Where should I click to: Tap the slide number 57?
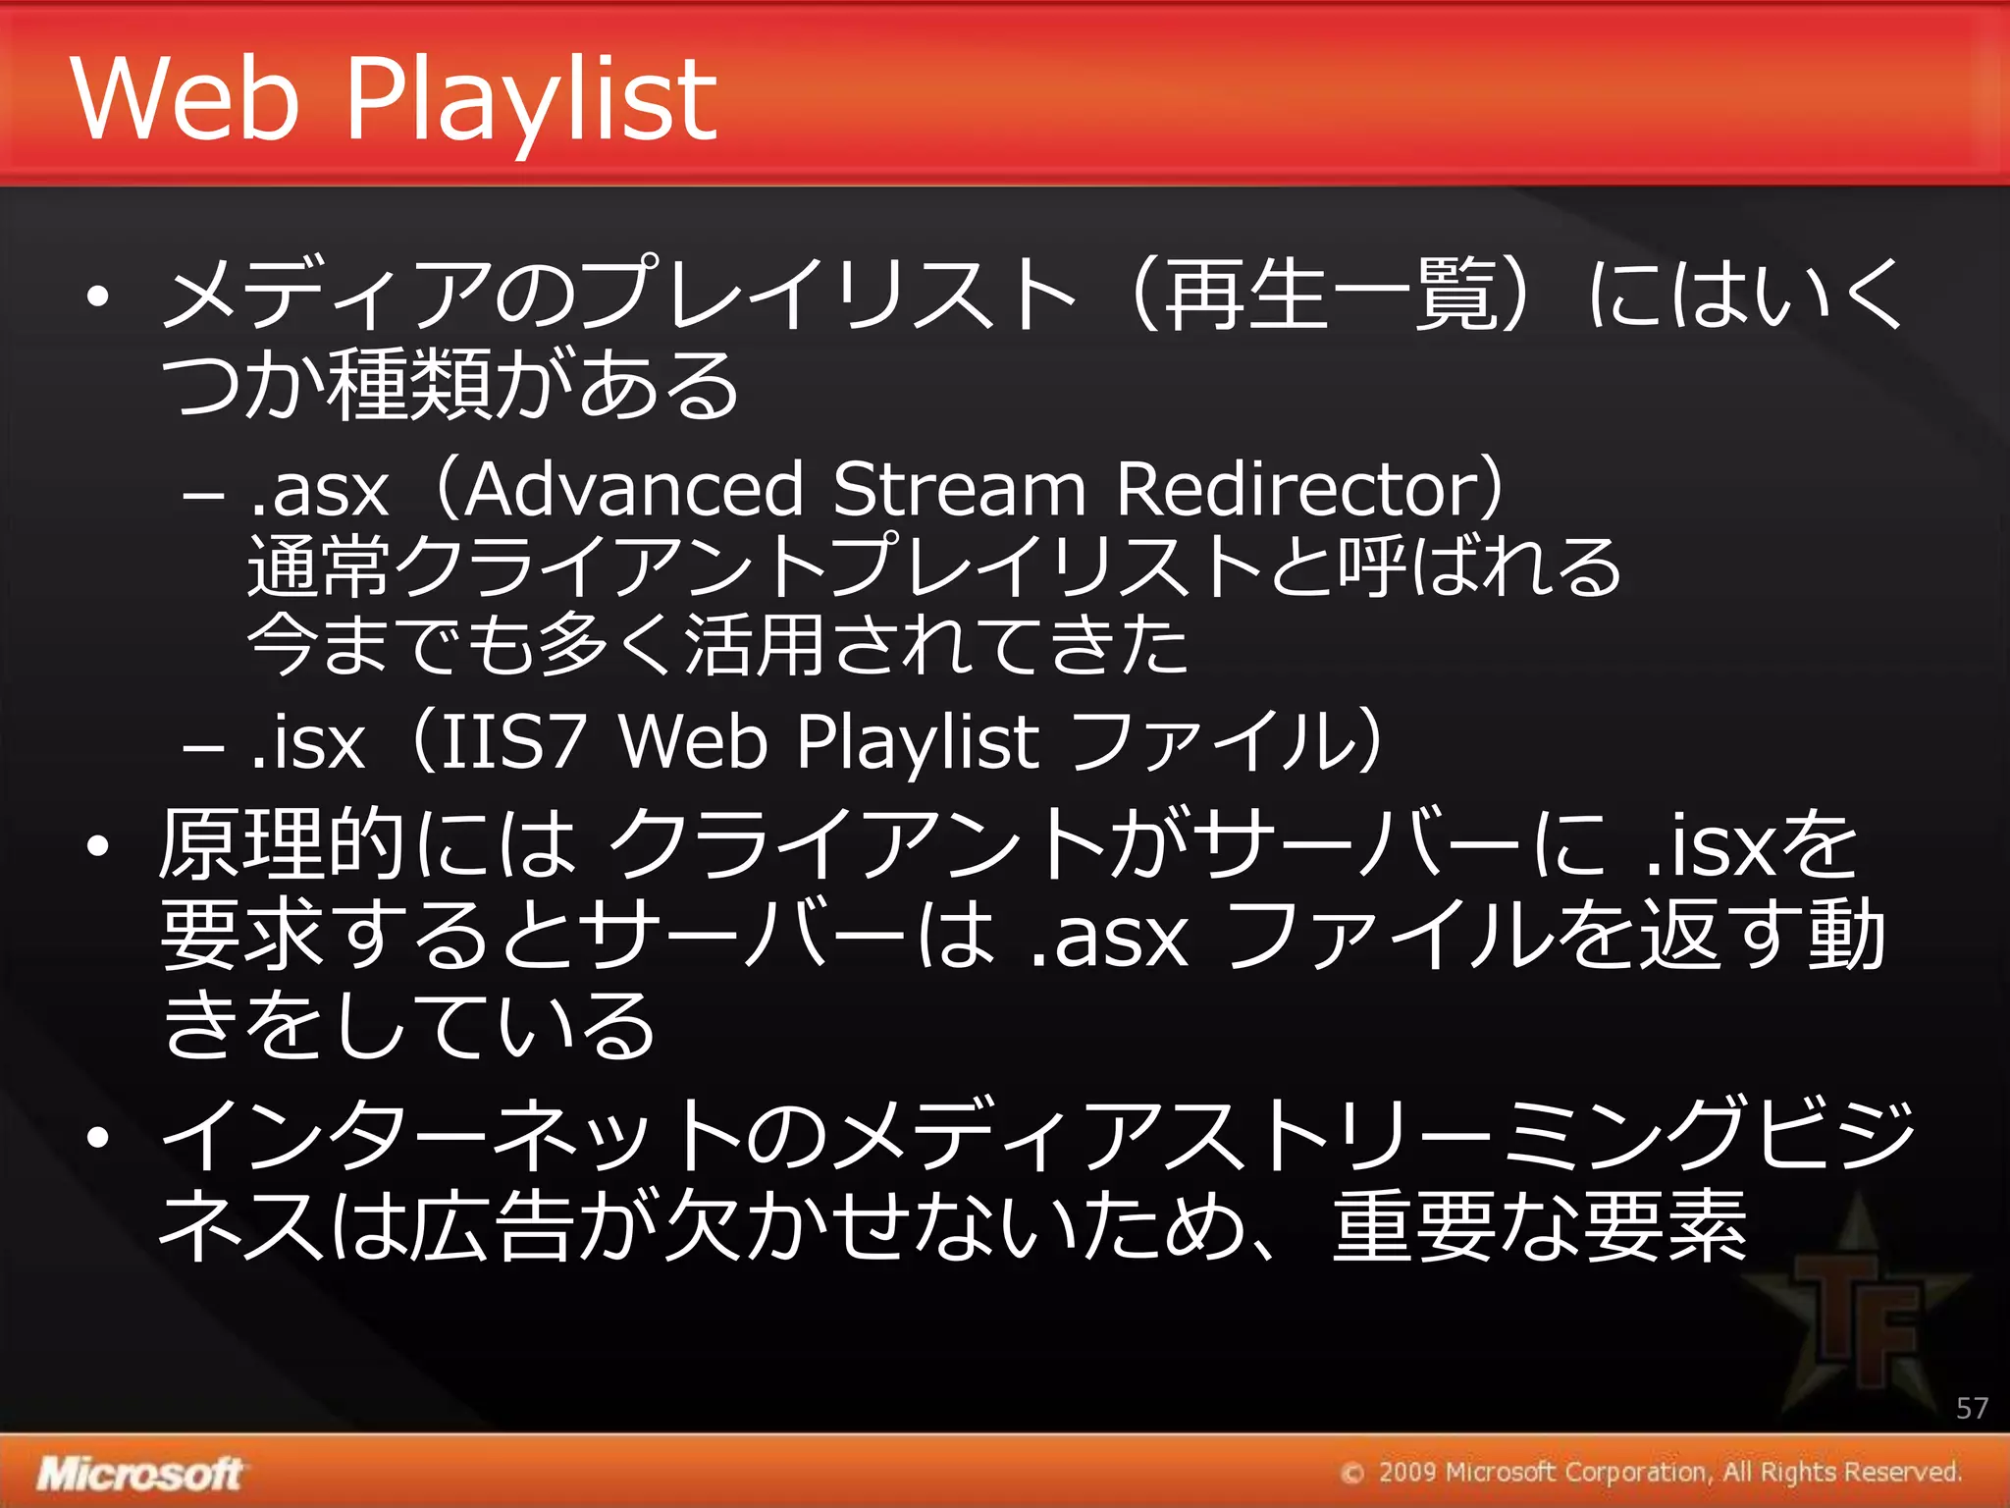[x=1972, y=1408]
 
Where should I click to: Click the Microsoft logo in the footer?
[x=139, y=1474]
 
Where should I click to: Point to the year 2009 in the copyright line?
[x=1407, y=1472]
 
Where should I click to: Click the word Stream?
[x=959, y=489]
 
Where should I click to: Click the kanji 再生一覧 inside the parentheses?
[x=1329, y=295]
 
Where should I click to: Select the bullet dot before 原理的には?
[x=96, y=845]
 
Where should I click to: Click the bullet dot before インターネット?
[x=96, y=1137]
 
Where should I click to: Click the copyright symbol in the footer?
[x=1352, y=1473]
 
